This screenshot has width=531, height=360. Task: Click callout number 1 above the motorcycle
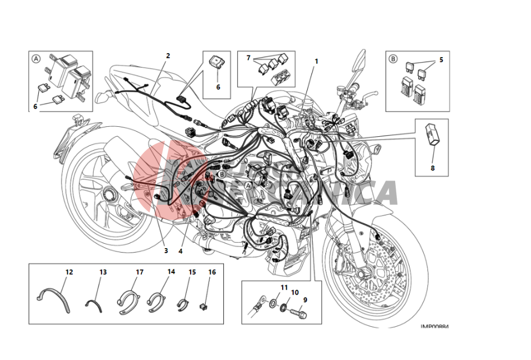tap(316, 61)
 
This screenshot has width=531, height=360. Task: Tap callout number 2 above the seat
tap(168, 56)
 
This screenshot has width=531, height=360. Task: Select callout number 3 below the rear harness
tap(166, 251)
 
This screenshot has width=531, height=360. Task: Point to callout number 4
tap(180, 251)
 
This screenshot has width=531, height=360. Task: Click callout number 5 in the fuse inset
tap(441, 60)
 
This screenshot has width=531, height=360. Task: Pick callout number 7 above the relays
tap(249, 58)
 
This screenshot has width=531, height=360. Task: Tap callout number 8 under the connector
tap(433, 168)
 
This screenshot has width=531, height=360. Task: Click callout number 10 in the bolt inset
tap(295, 292)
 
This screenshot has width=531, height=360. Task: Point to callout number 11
tap(284, 287)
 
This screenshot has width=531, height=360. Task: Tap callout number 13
tap(103, 272)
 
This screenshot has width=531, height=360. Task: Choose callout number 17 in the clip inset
tap(140, 272)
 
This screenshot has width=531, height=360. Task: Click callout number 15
tap(192, 272)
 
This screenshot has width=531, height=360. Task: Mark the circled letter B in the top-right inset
tap(393, 58)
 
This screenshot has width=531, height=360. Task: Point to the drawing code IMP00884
tap(435, 326)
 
